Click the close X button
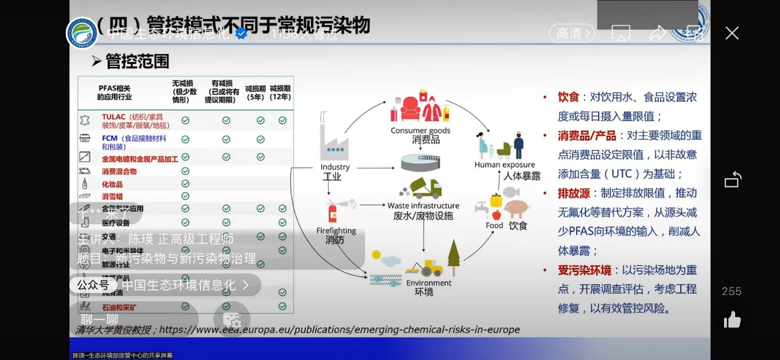731,33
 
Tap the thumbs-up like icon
732,319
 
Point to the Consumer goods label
420,130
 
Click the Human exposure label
504,165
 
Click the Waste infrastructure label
423,205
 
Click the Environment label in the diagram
428,283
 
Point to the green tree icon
454,258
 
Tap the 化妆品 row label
112,184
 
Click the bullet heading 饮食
569,97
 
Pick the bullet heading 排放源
573,193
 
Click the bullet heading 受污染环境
584,270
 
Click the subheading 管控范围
136,61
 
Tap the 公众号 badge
93,285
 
